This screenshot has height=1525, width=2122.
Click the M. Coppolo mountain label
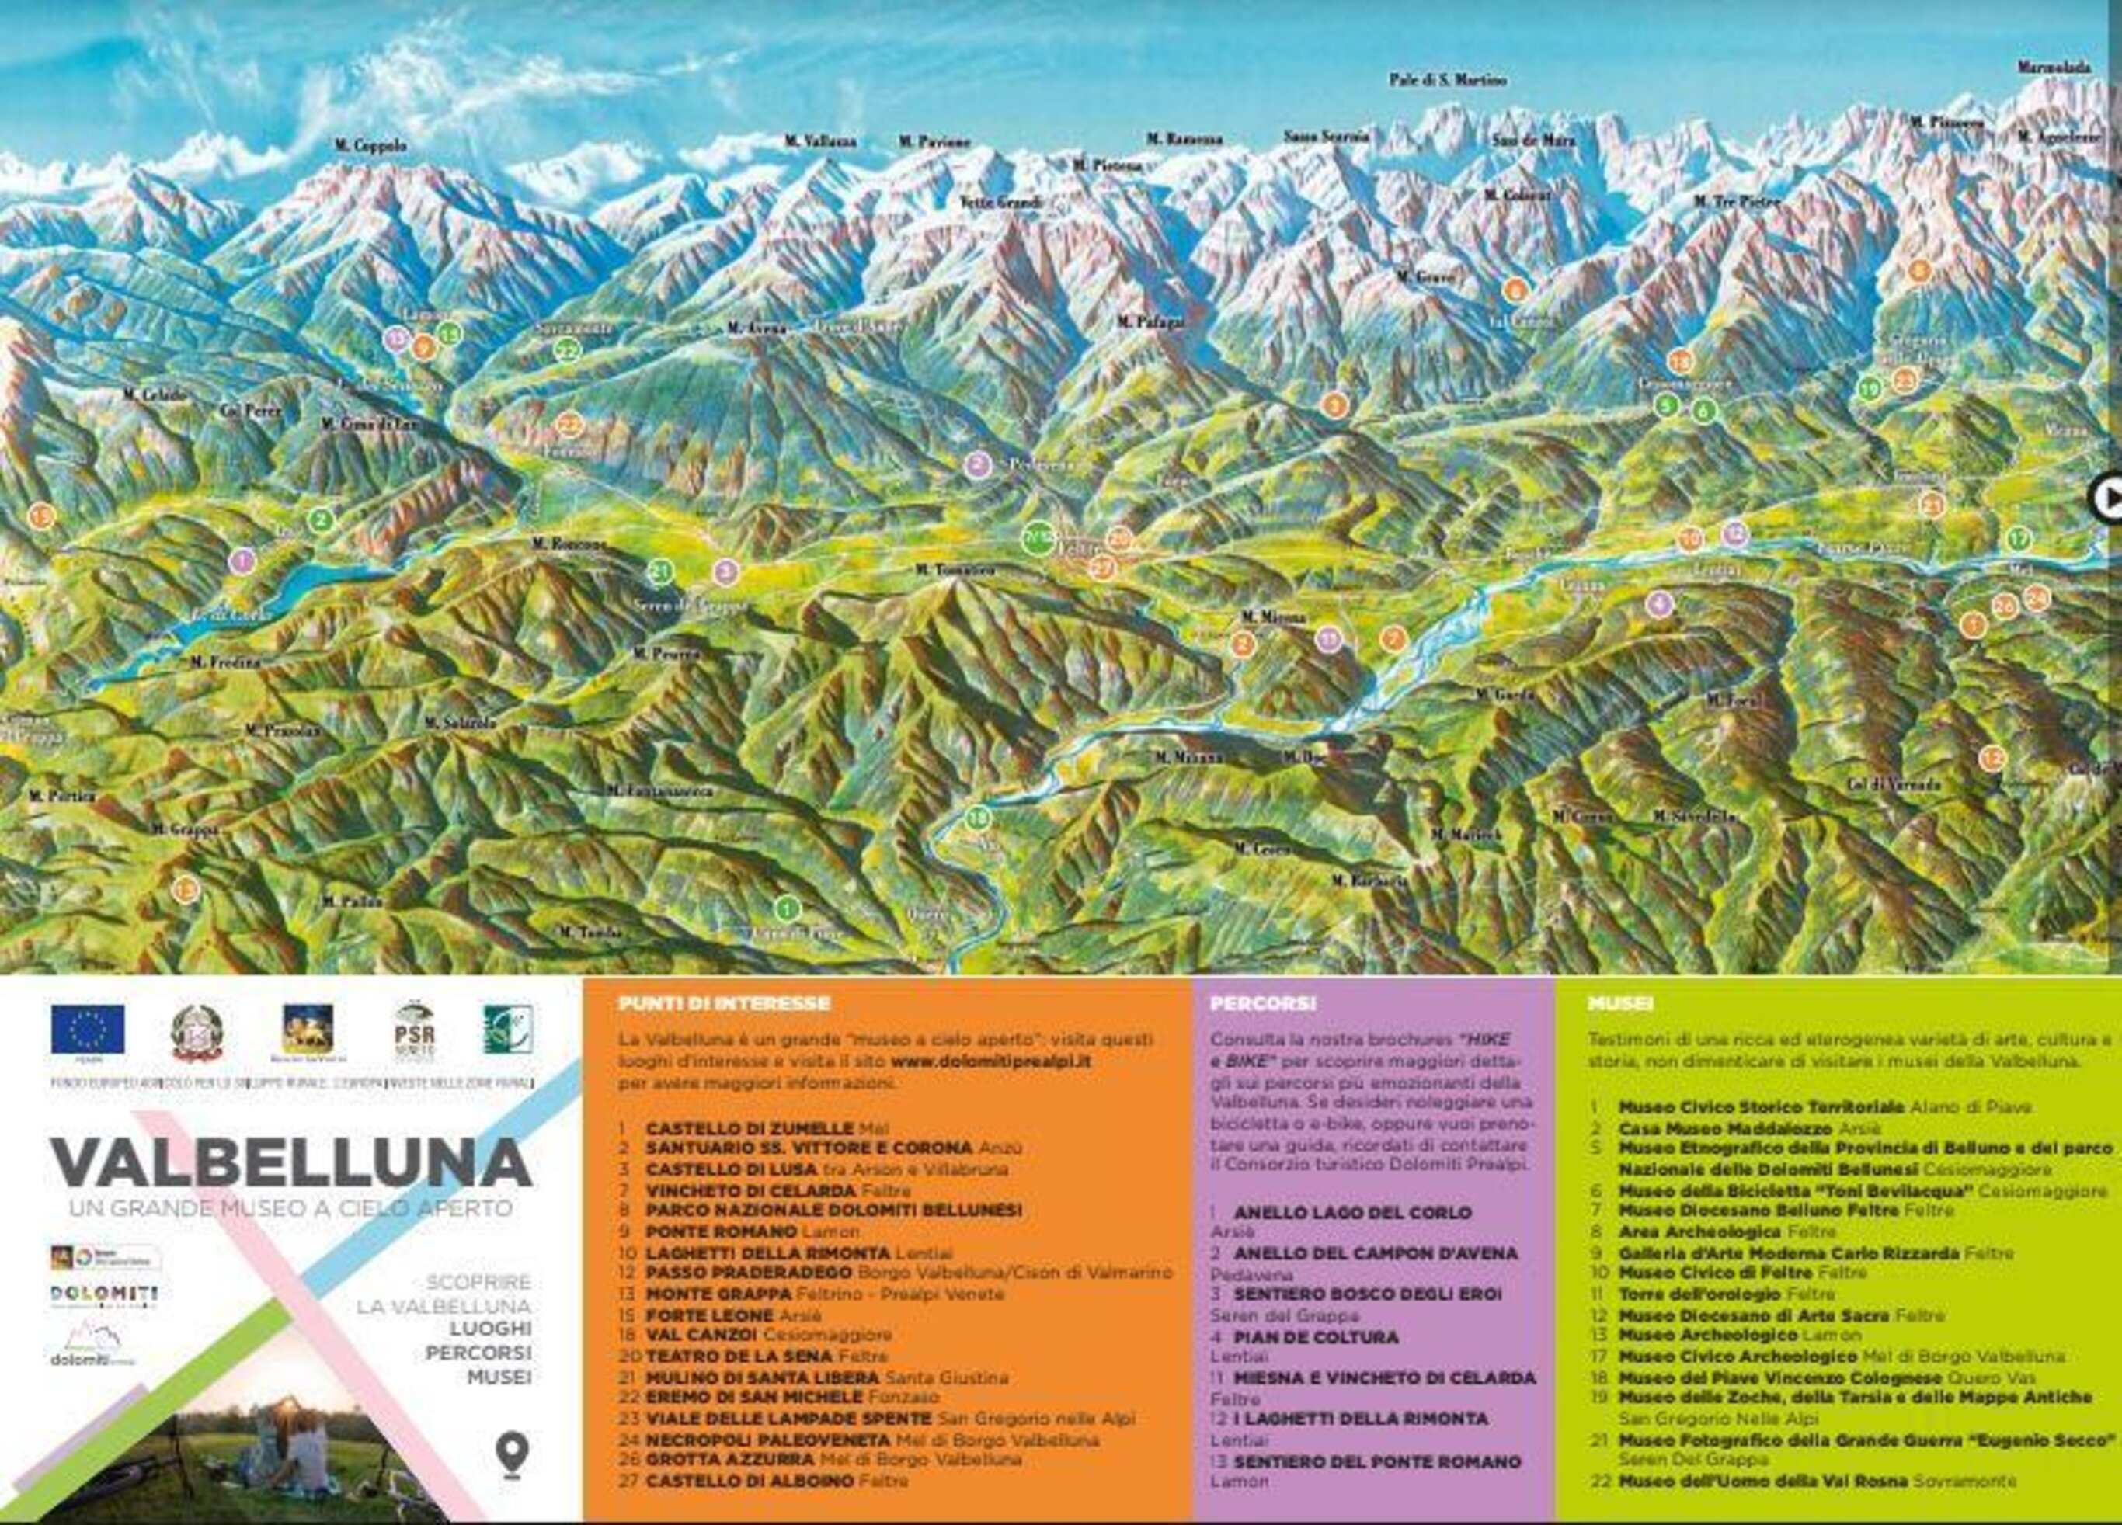pyautogui.click(x=371, y=146)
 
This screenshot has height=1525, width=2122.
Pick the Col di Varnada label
pyautogui.click(x=1894, y=784)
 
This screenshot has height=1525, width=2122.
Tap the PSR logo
pyautogui.click(x=415, y=1032)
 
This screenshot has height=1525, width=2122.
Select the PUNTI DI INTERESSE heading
pyautogui.click(x=724, y=1004)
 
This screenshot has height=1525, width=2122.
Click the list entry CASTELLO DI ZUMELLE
pyautogui.click(x=749, y=1129)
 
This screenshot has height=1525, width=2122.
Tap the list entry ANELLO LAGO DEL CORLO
pyautogui.click(x=1353, y=1213)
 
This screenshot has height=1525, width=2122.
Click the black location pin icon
pyautogui.click(x=512, y=1455)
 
